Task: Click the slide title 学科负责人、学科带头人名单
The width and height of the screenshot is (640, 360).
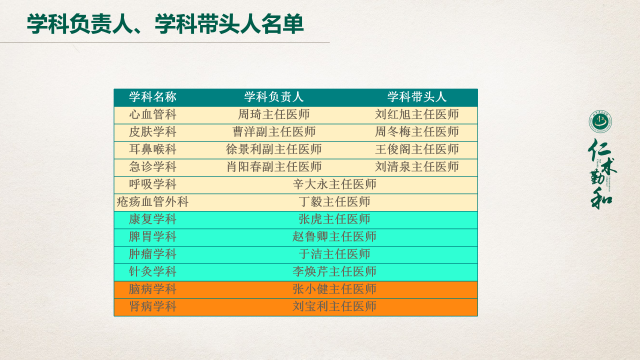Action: click(165, 24)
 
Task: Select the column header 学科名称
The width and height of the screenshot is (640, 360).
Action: click(152, 97)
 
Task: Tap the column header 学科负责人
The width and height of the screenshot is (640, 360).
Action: click(273, 97)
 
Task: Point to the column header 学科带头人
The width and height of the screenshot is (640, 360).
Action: click(417, 97)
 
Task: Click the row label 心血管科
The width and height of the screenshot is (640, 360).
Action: click(152, 114)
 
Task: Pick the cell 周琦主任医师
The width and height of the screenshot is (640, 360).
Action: click(273, 114)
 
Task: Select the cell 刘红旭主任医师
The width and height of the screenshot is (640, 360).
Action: click(417, 114)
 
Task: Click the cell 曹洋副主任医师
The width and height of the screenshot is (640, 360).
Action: click(273, 132)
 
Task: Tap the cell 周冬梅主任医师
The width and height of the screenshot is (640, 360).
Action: click(417, 132)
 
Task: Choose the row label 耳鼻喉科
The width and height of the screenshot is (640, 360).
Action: click(152, 149)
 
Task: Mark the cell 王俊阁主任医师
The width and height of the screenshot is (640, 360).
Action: click(417, 149)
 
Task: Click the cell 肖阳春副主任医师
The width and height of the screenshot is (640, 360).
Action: click(273, 167)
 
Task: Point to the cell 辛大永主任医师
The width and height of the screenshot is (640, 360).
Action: click(334, 184)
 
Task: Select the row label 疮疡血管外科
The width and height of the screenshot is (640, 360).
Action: click(152, 202)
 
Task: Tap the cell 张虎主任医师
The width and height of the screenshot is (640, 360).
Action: click(334, 219)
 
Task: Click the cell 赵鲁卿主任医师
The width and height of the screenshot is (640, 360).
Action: click(334, 237)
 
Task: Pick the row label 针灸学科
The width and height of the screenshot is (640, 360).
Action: click(152, 271)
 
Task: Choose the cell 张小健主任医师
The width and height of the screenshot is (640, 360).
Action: click(334, 289)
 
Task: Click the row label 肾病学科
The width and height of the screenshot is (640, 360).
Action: click(152, 306)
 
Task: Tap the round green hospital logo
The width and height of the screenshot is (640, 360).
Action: click(600, 121)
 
